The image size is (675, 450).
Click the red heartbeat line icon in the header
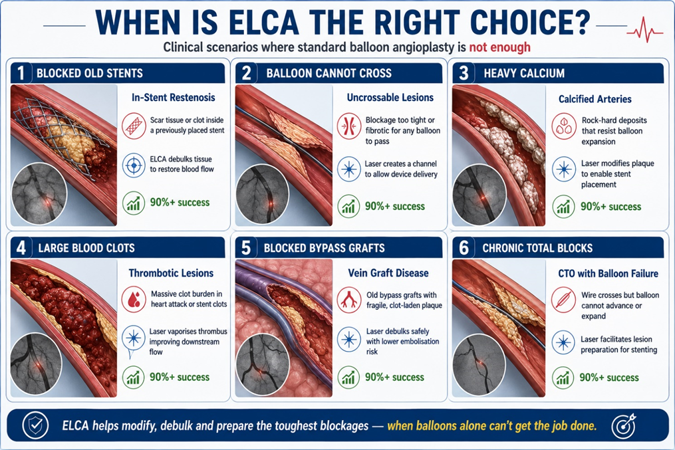click(x=645, y=31)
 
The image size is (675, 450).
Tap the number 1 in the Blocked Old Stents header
click(x=21, y=73)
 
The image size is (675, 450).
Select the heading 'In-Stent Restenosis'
click(x=173, y=98)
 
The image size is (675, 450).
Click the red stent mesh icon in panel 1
click(x=133, y=126)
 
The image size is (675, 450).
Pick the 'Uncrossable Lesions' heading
click(x=390, y=98)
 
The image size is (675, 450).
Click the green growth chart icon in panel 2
click(x=348, y=207)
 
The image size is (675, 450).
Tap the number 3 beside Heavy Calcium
click(x=464, y=73)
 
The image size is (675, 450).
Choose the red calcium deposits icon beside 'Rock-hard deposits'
click(x=563, y=126)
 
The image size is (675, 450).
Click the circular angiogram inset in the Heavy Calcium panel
click(x=479, y=195)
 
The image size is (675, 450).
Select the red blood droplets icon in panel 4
click(x=133, y=299)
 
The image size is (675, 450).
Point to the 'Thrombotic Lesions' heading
click(x=171, y=273)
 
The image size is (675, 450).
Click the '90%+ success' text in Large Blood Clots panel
click(x=180, y=378)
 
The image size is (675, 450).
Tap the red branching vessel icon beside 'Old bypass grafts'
click(x=348, y=299)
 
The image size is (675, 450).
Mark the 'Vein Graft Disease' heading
click(x=388, y=273)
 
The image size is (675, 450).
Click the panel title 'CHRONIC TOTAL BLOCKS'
click(x=537, y=248)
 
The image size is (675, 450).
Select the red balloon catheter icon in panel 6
click(x=563, y=300)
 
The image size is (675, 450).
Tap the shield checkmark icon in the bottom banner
click(x=35, y=425)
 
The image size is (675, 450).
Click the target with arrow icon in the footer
click(x=623, y=425)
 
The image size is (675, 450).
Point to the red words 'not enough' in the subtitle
click(x=500, y=47)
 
